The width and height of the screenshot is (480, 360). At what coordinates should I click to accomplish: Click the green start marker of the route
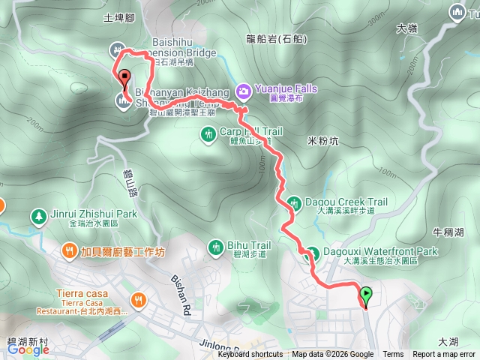[366, 296]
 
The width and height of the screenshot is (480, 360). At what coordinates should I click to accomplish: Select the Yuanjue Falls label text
[286, 88]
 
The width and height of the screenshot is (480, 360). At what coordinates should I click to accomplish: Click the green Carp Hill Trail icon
[209, 133]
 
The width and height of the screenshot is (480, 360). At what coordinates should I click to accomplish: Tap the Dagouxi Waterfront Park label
[379, 252]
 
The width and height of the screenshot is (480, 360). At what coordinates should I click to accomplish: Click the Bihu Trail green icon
[215, 246]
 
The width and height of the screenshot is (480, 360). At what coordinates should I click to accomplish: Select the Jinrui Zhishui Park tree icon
[37, 216]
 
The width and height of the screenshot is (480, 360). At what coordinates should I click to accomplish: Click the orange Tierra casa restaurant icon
[137, 301]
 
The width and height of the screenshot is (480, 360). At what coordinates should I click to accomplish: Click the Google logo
[28, 349]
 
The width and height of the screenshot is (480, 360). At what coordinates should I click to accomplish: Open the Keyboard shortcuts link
[250, 355]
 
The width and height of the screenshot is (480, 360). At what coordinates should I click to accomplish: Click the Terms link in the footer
[393, 355]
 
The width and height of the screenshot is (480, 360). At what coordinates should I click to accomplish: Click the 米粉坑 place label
[323, 140]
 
